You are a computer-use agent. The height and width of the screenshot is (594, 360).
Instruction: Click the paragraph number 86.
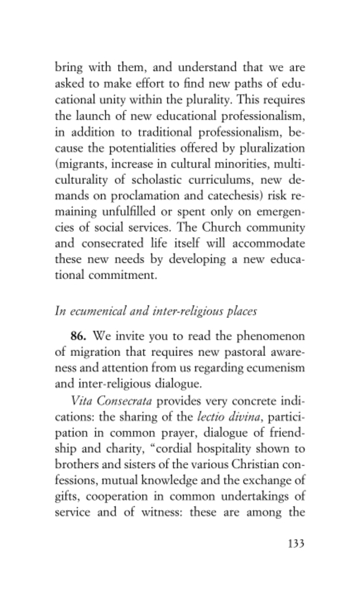[x=78, y=336]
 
